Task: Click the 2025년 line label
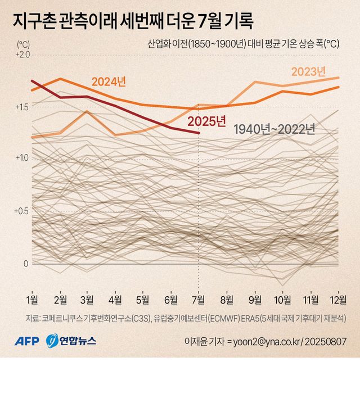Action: pos(206,121)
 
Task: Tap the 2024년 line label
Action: pos(109,82)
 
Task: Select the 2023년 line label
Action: pos(308,71)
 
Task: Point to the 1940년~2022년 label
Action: pos(274,129)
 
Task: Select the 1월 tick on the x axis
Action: pos(32,298)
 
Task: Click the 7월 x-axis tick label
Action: pos(198,298)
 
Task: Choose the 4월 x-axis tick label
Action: pos(115,298)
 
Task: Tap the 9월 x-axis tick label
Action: pos(254,298)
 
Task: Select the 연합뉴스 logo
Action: pos(71,341)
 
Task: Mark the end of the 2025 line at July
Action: pos(198,133)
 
